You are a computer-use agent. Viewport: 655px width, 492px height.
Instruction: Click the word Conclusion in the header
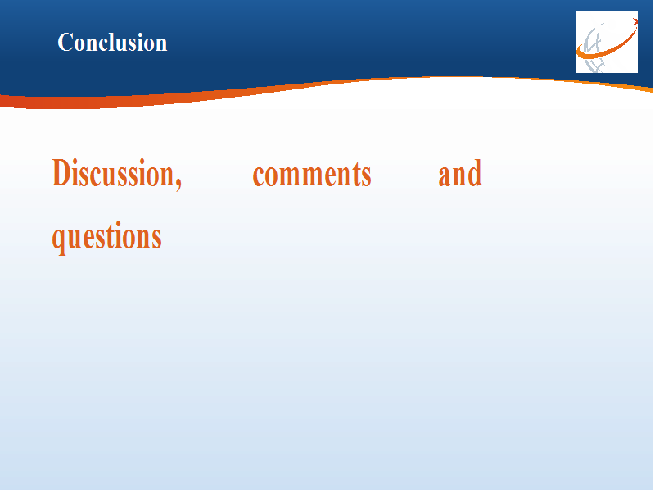(112, 43)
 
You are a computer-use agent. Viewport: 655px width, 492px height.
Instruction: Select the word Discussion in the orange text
(114, 172)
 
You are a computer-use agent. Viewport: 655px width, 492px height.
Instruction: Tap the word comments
(312, 175)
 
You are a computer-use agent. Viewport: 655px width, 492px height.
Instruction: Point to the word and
(460, 173)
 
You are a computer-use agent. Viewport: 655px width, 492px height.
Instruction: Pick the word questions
(107, 238)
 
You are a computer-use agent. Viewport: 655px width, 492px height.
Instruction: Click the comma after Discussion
(178, 184)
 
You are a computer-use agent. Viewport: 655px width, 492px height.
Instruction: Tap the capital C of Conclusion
(65, 43)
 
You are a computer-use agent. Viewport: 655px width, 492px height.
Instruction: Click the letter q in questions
(58, 240)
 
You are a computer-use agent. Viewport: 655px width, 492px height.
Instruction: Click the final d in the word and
(475, 173)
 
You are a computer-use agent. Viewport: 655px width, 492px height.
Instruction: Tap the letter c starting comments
(258, 175)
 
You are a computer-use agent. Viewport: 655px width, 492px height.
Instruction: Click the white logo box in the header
(607, 43)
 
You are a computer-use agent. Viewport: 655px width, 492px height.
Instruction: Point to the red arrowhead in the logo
(635, 22)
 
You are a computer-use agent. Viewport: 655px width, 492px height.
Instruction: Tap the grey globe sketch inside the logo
(594, 48)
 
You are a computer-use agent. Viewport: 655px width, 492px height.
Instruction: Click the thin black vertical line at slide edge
(653, 299)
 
